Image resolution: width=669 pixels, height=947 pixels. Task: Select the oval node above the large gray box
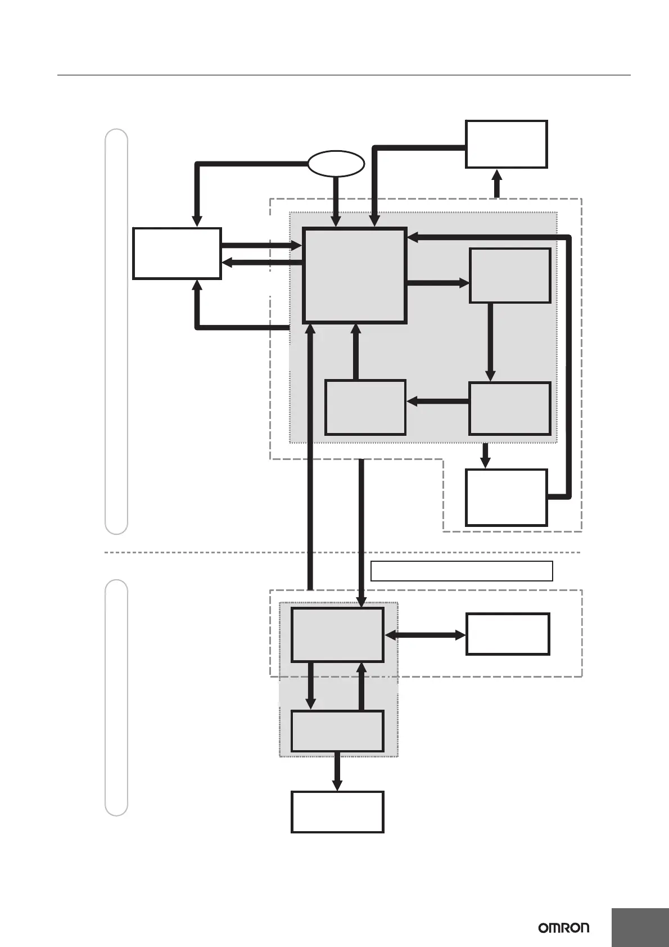(336, 164)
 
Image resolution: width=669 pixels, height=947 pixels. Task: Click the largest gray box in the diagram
(354, 276)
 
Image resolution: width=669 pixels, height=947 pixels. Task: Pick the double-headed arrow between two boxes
(425, 635)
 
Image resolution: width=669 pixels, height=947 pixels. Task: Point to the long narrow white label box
(462, 571)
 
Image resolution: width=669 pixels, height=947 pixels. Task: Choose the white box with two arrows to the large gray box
(177, 253)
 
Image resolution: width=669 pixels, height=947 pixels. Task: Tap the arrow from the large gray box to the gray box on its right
(437, 283)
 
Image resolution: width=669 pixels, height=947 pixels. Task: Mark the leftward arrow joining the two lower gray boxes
(437, 401)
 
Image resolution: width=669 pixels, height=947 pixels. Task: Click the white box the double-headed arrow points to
(507, 634)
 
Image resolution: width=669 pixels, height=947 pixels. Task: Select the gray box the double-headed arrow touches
(337, 634)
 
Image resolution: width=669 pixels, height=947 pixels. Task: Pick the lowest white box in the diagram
(337, 811)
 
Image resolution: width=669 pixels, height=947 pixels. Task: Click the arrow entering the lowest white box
(337, 772)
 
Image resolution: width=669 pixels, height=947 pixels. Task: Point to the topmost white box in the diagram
(506, 144)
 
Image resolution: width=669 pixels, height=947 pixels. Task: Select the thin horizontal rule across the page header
(343, 75)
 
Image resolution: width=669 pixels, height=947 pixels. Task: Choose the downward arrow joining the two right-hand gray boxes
(490, 342)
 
